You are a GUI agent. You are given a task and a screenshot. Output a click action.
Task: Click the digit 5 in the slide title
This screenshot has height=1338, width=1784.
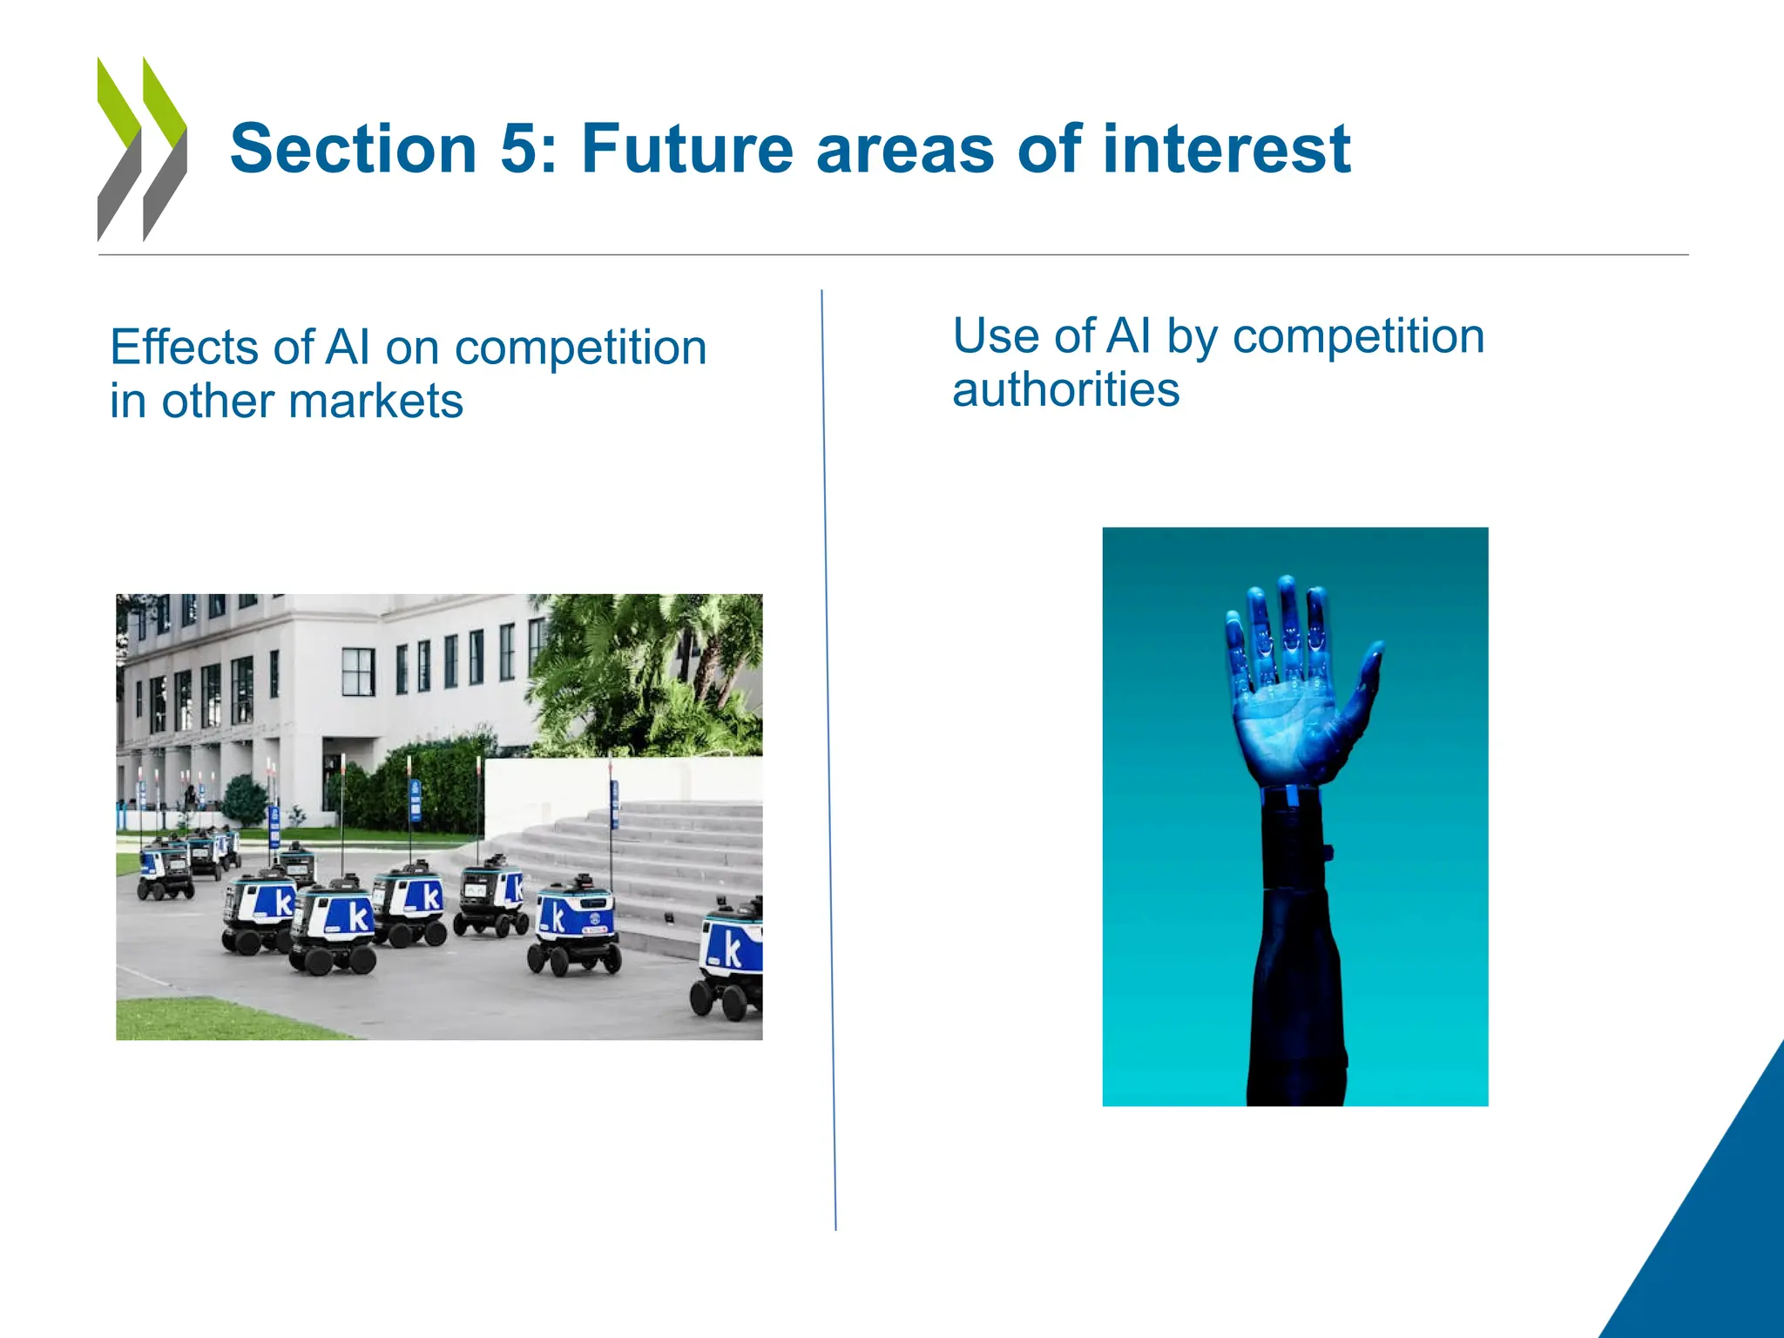[x=521, y=150]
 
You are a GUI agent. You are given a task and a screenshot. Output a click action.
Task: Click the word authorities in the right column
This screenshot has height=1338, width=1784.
[x=1065, y=389]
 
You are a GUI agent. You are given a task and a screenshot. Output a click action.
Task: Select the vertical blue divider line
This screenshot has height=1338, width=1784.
[x=828, y=758]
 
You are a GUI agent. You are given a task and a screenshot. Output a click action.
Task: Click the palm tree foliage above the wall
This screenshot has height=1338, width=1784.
[x=645, y=671]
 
